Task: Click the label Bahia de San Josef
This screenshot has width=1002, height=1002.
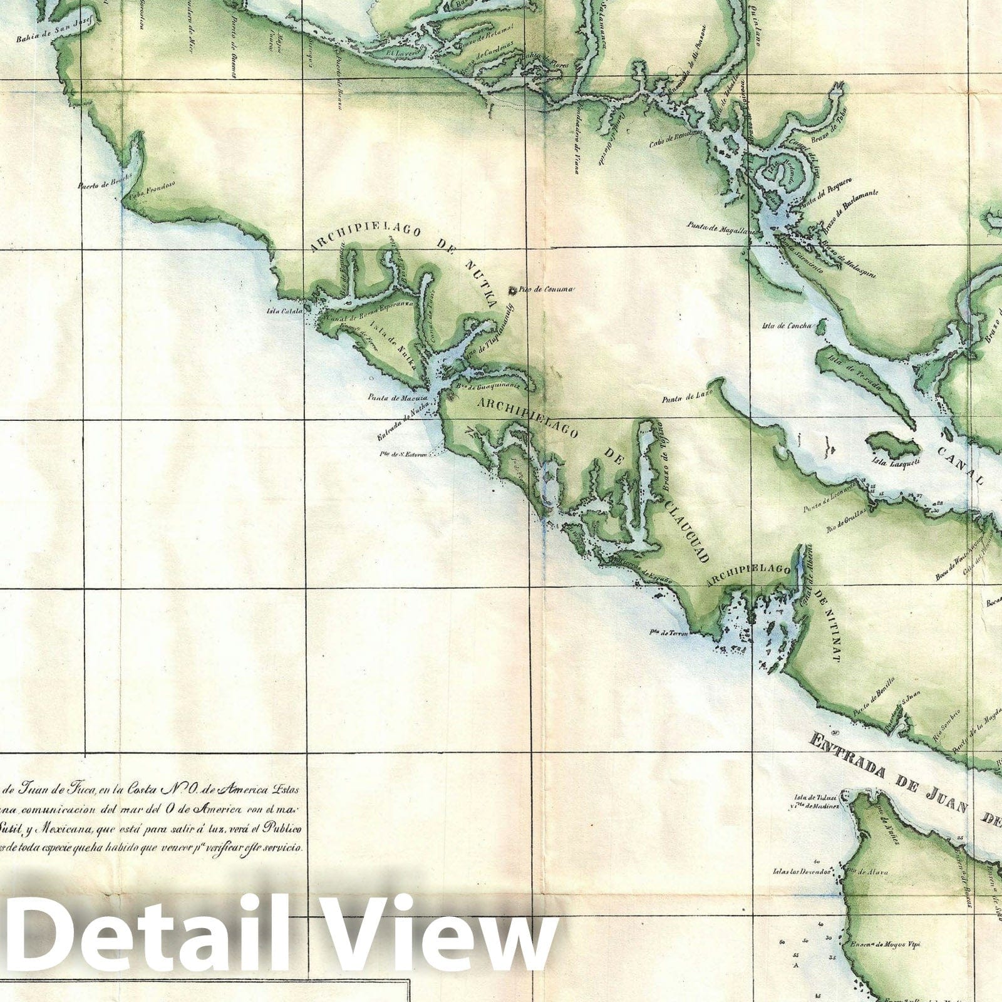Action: coord(55,29)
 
